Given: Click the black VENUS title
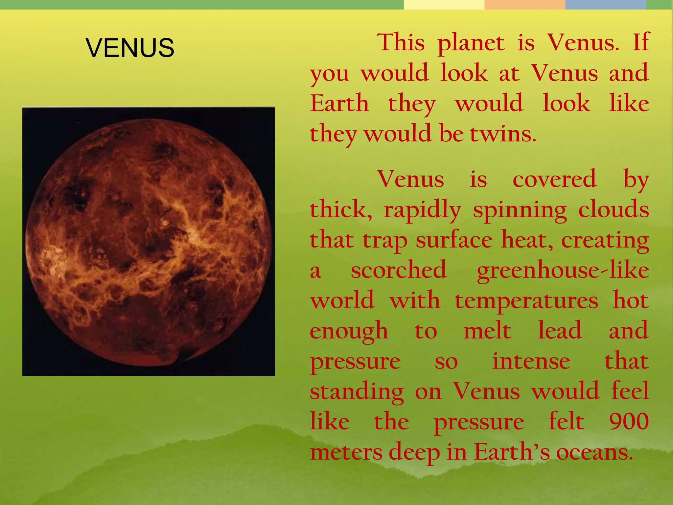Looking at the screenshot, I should tap(130, 48).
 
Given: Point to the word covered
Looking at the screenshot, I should tap(554, 180).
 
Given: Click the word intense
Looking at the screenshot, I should tap(531, 362).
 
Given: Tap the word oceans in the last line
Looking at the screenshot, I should tap(594, 452).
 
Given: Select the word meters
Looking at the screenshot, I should tap(346, 452).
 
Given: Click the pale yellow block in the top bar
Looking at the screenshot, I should tap(444, 5).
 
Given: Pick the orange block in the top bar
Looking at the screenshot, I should tap(525, 5).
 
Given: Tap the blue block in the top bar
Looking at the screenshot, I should tap(606, 5).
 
